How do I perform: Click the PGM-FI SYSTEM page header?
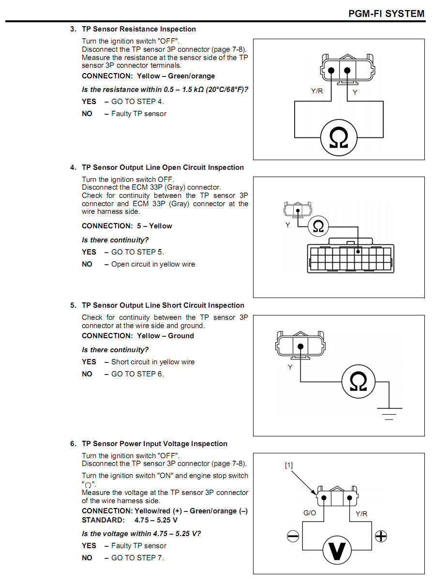click(x=386, y=14)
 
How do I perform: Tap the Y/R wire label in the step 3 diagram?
click(x=317, y=91)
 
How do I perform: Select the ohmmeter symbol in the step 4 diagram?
click(x=318, y=226)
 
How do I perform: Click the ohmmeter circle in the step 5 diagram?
click(x=359, y=382)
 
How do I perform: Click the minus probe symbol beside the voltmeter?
click(x=293, y=537)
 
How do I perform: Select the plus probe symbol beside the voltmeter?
click(x=381, y=536)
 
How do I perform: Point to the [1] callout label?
click(x=289, y=465)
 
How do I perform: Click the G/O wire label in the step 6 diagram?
click(x=310, y=513)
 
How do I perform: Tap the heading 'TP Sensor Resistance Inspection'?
click(x=139, y=29)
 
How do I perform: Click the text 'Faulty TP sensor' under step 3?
click(x=139, y=114)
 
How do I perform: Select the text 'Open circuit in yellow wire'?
click(x=153, y=264)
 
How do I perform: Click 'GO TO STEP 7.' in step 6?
click(x=137, y=557)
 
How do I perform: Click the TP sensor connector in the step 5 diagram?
click(x=300, y=345)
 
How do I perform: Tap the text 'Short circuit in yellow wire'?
click(x=153, y=362)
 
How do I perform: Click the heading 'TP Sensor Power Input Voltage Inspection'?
click(x=154, y=444)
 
